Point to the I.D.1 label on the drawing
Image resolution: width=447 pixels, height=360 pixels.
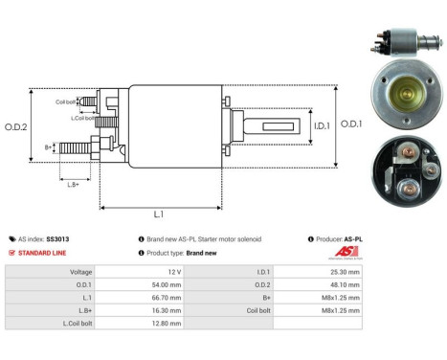319,125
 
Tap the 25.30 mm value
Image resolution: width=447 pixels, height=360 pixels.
343,271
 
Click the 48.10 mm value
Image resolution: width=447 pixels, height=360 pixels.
343,284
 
